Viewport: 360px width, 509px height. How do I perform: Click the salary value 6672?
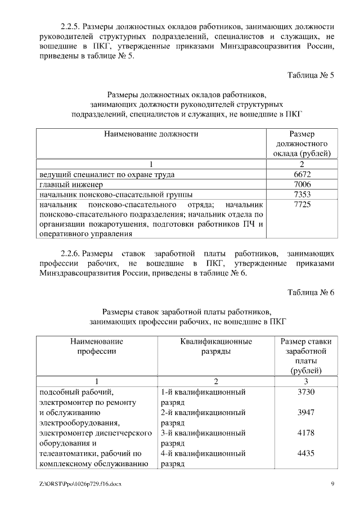302,174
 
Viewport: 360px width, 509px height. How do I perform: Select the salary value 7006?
302,184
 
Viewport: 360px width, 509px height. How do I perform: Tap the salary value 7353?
302,195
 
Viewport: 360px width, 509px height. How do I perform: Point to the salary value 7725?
302,205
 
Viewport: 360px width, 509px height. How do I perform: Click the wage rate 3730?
306,392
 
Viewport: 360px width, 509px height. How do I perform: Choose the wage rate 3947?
306,412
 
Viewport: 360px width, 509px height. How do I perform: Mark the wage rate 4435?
306,453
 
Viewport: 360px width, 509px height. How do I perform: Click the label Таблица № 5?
311,75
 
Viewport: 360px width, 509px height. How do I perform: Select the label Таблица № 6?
311,292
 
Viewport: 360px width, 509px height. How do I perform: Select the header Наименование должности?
151,134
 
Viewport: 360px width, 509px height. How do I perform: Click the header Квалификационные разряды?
216,346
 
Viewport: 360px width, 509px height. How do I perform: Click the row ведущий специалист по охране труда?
106,174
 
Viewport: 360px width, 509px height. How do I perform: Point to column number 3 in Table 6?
306,381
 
